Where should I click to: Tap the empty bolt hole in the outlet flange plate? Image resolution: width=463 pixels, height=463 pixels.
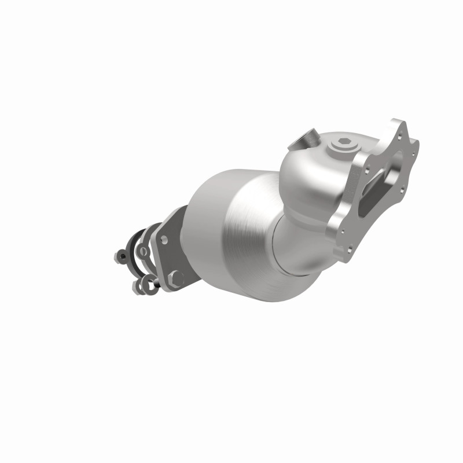point(164,238)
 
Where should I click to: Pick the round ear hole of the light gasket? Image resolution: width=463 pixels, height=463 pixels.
point(142,250)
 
